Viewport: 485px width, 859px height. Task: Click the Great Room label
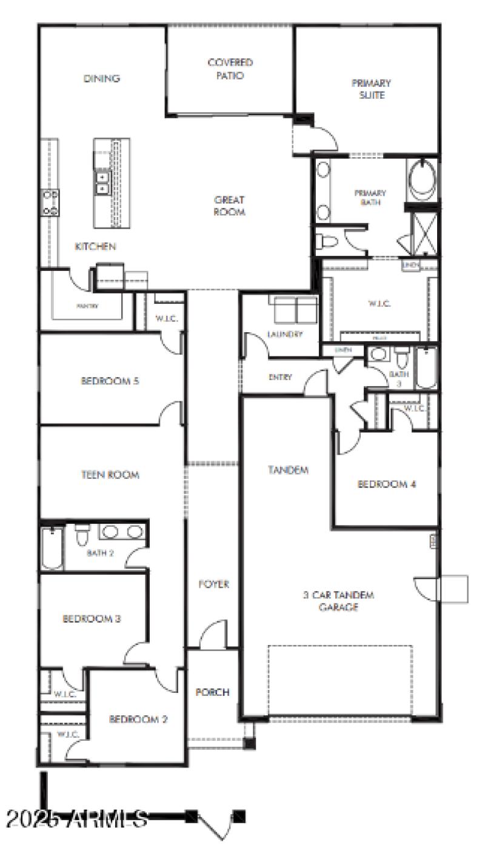coord(229,206)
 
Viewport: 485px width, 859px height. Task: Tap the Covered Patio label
coord(230,69)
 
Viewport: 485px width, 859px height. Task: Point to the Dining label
coord(102,78)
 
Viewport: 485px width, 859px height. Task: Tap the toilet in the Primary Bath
coord(326,242)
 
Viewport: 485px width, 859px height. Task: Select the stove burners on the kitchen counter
coord(50,202)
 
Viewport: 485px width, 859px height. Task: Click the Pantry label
coord(87,306)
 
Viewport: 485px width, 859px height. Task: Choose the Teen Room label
coord(110,475)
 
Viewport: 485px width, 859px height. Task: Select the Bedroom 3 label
coord(92,619)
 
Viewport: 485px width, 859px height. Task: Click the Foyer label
coord(214,584)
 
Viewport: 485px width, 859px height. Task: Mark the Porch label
coord(212,692)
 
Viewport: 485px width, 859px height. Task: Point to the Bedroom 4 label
coord(386,484)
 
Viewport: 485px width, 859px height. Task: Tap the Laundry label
coord(284,334)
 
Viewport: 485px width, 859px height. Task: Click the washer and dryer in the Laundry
coord(296,310)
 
